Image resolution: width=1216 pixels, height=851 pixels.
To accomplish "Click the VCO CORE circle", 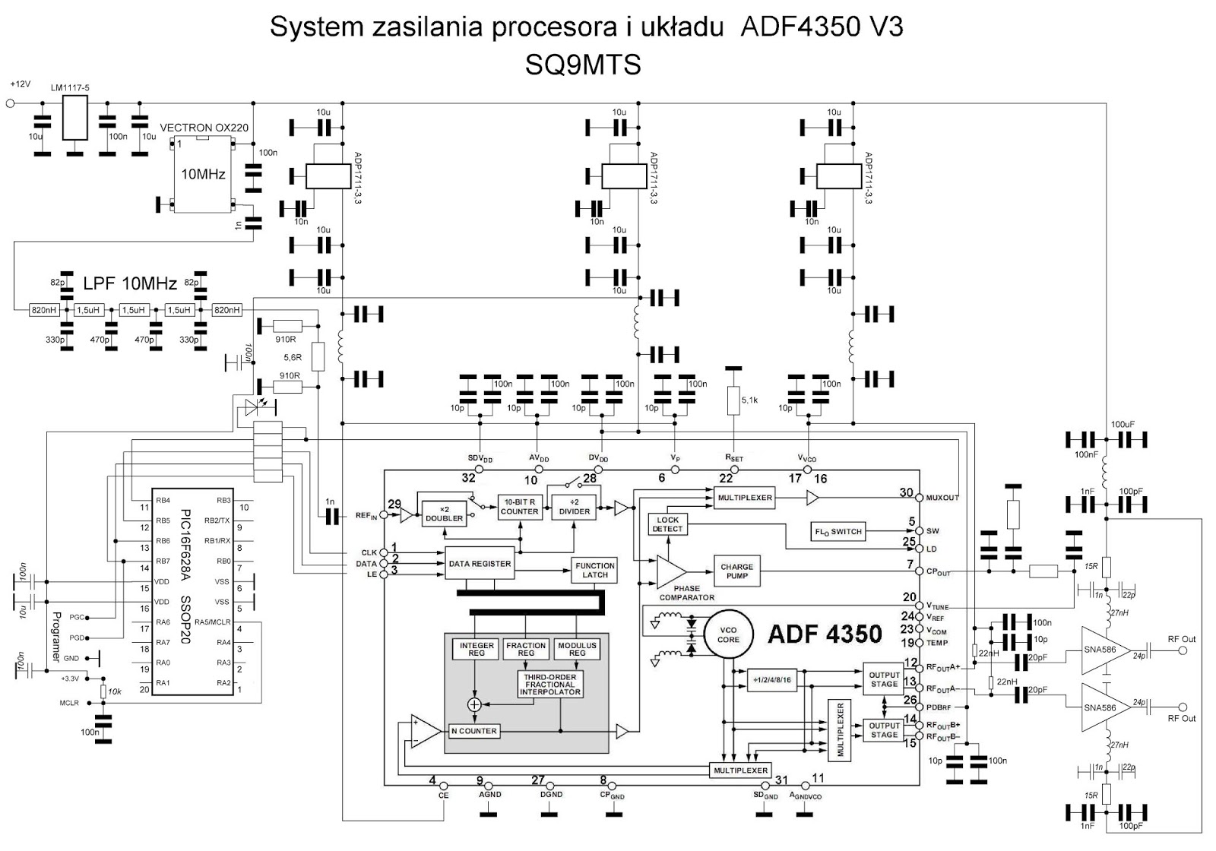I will tap(728, 634).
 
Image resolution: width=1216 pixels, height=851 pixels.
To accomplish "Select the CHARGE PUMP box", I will tap(736, 571).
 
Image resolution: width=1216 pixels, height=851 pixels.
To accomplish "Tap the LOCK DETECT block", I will tap(667, 524).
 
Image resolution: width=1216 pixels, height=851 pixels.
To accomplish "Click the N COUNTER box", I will tap(473, 731).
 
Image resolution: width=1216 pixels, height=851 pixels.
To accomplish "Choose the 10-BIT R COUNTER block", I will tap(519, 507).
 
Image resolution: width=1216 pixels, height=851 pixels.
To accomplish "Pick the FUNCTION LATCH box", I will tap(594, 570).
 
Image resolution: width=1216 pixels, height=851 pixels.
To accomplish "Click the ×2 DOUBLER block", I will tap(444, 514).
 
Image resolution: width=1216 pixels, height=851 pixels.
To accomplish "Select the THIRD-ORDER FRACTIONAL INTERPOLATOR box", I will tap(549, 685).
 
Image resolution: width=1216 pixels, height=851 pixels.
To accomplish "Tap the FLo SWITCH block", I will tap(838, 531).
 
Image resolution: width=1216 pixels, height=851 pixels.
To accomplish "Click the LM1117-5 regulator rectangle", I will tap(74, 120).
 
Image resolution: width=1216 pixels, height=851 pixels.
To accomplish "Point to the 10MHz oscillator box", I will tap(203, 175).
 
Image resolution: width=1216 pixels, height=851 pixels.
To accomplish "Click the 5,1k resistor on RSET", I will tap(733, 400).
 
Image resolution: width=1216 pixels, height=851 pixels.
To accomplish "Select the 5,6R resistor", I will tap(318, 356).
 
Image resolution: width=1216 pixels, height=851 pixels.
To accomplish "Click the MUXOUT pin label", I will tap(942, 498).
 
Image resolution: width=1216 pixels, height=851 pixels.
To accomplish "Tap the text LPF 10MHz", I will tap(130, 284).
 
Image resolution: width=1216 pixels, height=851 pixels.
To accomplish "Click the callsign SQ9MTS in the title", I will tap(583, 65).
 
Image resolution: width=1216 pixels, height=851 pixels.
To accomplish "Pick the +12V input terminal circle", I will tap(10, 103).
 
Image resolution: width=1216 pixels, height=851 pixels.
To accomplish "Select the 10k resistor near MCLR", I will tap(103, 691).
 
